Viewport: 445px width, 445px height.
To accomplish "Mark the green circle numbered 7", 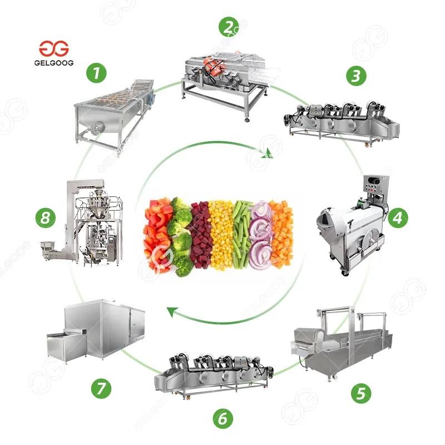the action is pos(101,388).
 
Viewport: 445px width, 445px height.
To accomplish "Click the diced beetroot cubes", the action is pos(200,234).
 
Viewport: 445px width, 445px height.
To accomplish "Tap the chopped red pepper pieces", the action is pos(157,234).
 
